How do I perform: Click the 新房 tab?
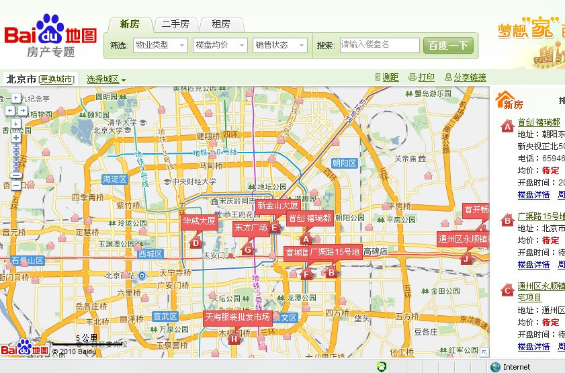pyautogui.click(x=130, y=24)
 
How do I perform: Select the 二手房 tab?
pyautogui.click(x=175, y=24)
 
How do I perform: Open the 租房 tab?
pyautogui.click(x=221, y=24)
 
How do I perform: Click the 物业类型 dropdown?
pyautogui.click(x=160, y=45)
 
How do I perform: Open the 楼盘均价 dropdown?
pyautogui.click(x=220, y=45)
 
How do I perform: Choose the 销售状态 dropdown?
pyautogui.click(x=279, y=45)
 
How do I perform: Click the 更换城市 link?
pyautogui.click(x=58, y=79)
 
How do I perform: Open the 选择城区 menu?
pyautogui.click(x=106, y=79)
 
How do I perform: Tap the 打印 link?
pyautogui.click(x=422, y=77)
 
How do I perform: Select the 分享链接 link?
pyautogui.click(x=464, y=77)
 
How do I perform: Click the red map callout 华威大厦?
pyautogui.click(x=200, y=220)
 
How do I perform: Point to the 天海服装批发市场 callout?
pyautogui.click(x=238, y=317)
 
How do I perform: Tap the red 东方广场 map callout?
pyautogui.click(x=251, y=228)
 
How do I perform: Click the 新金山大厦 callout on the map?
pyautogui.click(x=277, y=205)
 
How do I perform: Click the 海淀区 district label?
pyautogui.click(x=114, y=179)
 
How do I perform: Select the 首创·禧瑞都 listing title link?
pyautogui.click(x=539, y=122)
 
